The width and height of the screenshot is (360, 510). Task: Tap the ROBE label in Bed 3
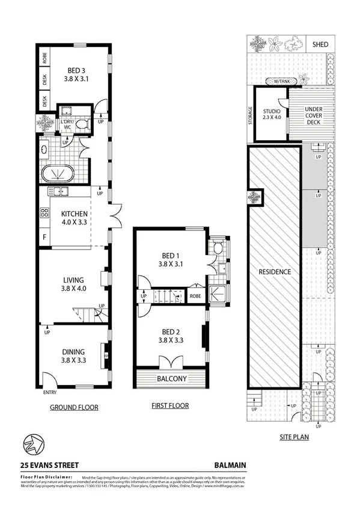click(45, 58)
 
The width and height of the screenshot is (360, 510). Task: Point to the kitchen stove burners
click(44, 212)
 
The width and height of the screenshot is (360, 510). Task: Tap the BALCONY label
click(172, 379)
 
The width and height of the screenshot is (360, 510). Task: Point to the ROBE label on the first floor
click(195, 296)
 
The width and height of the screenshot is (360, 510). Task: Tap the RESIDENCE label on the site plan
click(275, 272)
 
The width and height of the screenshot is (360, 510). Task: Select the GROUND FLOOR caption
click(74, 407)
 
